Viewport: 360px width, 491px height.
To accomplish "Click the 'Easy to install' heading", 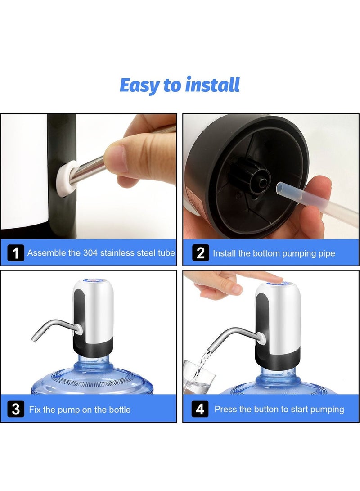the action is pos(180,85).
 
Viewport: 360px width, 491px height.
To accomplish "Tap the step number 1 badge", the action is pos(15,253).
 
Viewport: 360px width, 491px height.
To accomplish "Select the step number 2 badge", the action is pos(200,253).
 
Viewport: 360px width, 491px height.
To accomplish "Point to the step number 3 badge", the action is pos(16,410).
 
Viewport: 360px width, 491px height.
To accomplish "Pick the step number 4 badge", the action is pos(200,410).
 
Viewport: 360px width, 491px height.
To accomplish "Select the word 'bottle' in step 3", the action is pos(120,410).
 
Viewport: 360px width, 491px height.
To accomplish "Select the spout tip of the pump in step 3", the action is pos(34,339).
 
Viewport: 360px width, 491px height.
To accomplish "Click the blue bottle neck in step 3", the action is pos(93,360).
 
